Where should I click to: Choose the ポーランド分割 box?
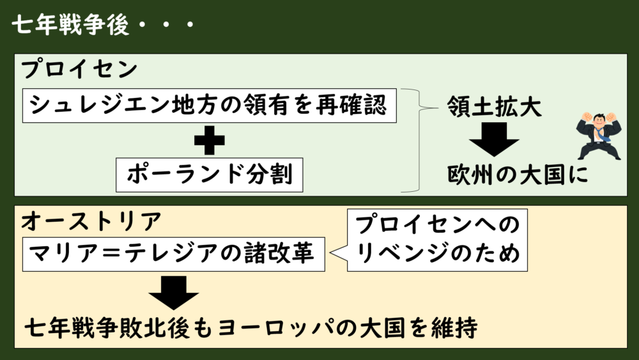pos(208,175)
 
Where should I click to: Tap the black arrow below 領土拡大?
pos(495,139)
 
